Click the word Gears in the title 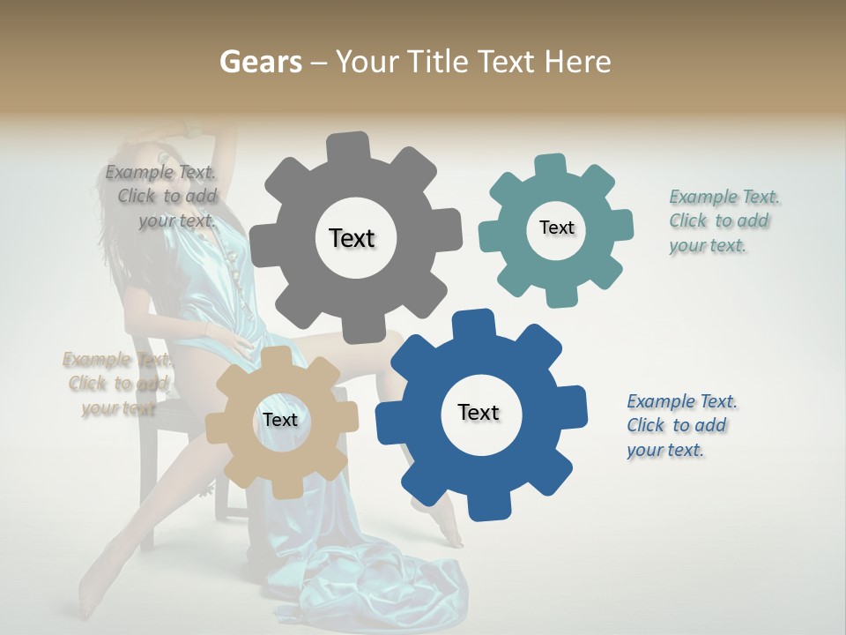click(x=260, y=62)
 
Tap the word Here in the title click(x=577, y=62)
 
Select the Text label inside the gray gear click(x=352, y=238)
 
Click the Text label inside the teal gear click(x=556, y=228)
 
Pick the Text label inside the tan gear click(x=280, y=421)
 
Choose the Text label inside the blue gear click(x=479, y=413)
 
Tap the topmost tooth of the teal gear click(x=550, y=166)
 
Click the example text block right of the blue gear click(x=679, y=426)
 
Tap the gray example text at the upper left click(x=163, y=197)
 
